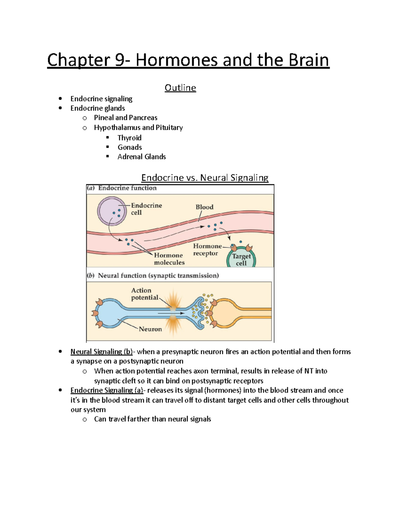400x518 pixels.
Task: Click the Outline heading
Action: [x=180, y=88]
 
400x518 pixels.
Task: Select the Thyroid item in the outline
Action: [x=129, y=138]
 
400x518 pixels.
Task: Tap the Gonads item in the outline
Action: [x=130, y=147]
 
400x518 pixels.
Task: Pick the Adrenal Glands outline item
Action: [x=142, y=156]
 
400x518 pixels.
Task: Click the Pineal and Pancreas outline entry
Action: [x=126, y=117]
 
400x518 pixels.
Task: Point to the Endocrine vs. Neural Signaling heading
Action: [x=205, y=177]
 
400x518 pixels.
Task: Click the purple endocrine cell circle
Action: [x=112, y=211]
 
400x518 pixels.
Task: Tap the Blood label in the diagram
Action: [x=204, y=207]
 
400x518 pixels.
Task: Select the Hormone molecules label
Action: [x=169, y=259]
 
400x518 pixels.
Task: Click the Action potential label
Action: [x=144, y=294]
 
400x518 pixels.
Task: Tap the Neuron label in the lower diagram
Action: [x=150, y=329]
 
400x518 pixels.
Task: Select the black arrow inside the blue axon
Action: [x=171, y=313]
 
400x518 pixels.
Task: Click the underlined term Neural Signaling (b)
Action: [x=101, y=352]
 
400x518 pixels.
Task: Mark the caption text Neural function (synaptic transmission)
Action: [x=158, y=276]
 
